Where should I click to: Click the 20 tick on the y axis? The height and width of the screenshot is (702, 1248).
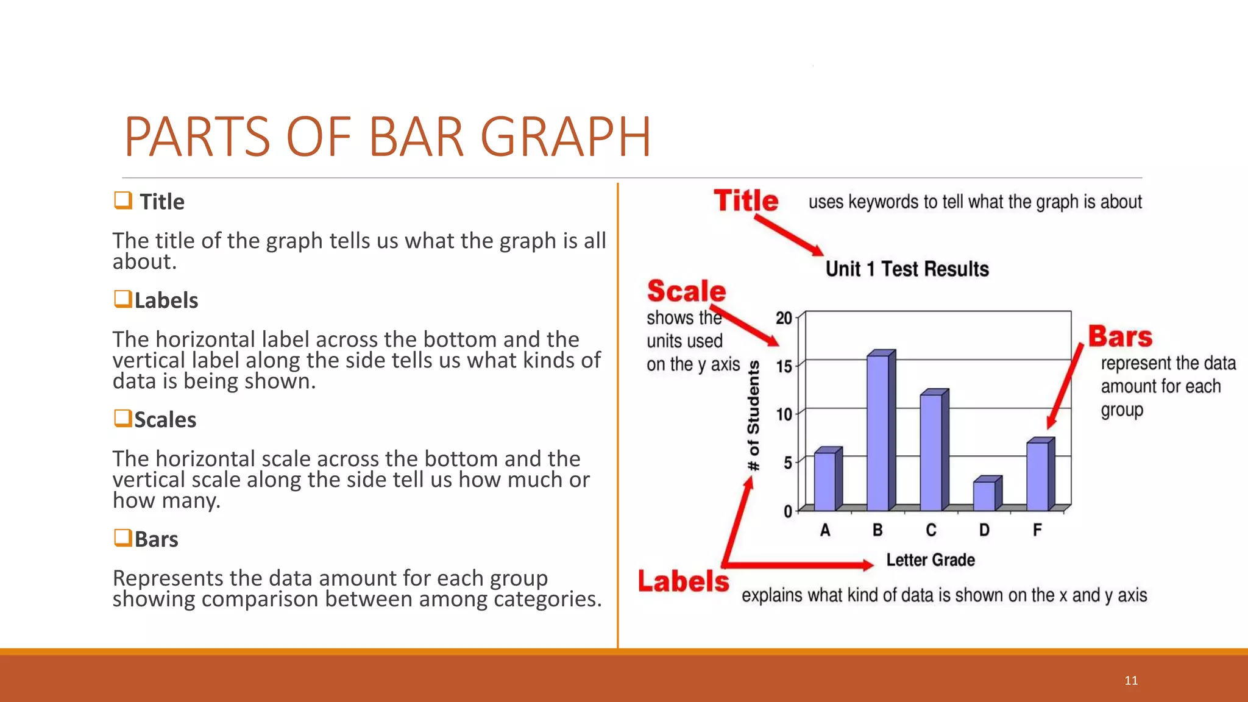[784, 318]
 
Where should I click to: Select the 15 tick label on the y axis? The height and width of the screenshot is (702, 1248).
[784, 366]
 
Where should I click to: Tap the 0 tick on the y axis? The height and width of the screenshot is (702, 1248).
[788, 511]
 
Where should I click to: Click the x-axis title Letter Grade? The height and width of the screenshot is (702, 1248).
[930, 560]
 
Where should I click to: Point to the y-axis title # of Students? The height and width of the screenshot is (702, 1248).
[754, 416]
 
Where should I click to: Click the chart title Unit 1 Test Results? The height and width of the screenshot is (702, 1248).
[907, 269]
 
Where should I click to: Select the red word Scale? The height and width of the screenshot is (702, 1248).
[686, 291]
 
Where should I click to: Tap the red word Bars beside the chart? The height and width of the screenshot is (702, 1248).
[1120, 336]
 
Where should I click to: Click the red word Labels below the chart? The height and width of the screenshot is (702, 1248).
[683, 581]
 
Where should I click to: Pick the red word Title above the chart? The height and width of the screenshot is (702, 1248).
[746, 200]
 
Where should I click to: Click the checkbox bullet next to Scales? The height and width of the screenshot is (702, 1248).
[122, 419]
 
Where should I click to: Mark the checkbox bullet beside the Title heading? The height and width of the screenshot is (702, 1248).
[123, 200]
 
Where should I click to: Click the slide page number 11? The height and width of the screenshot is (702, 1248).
[1131, 681]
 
